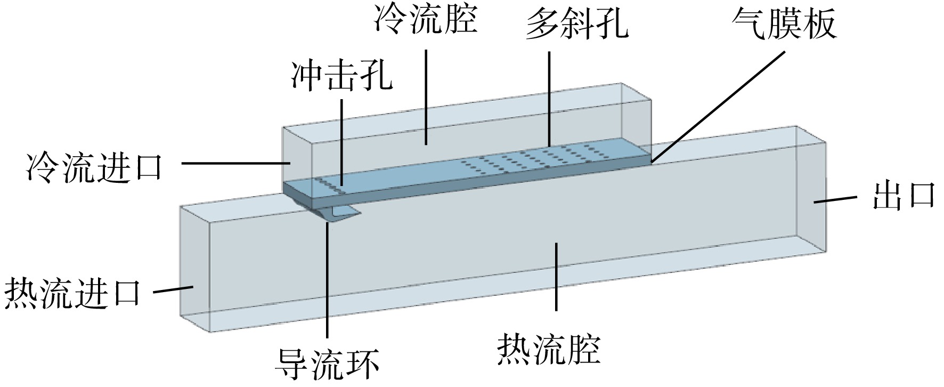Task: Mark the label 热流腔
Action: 550,349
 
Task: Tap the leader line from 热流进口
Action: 173,290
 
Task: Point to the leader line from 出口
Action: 835,199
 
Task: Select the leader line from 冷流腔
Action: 426,97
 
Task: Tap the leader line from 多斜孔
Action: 550,98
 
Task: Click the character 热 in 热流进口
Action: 21,292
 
